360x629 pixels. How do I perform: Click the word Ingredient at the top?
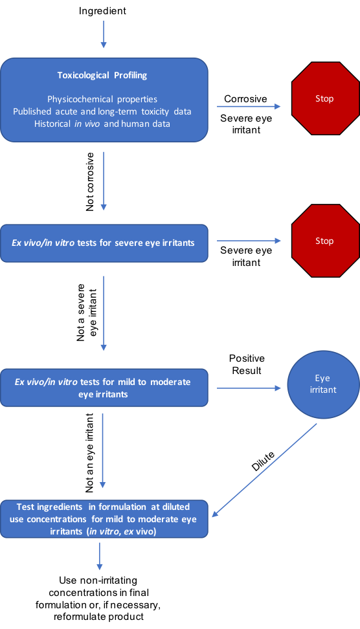click(102, 11)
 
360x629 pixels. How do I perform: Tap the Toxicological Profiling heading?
click(102, 76)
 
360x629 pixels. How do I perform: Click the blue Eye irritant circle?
click(323, 384)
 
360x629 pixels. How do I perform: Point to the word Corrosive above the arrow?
click(245, 98)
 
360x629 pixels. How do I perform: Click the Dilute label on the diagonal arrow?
click(263, 461)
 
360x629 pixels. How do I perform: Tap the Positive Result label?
click(247, 364)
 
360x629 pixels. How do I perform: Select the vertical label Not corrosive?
click(90, 182)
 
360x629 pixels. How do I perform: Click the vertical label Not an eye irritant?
click(89, 453)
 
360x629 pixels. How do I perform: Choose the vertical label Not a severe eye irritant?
click(87, 313)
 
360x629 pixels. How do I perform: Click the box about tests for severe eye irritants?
click(104, 243)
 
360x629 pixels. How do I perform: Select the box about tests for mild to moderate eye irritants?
click(104, 388)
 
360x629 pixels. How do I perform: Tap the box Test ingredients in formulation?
click(104, 519)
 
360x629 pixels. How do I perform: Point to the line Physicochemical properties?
click(102, 99)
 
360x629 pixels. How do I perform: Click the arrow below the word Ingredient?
click(104, 34)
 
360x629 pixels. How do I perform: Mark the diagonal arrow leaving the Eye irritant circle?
click(264, 470)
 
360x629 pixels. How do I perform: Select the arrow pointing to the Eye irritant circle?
click(249, 388)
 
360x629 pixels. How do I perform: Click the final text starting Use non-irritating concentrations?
click(98, 598)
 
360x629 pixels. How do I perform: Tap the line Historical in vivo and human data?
click(102, 124)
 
